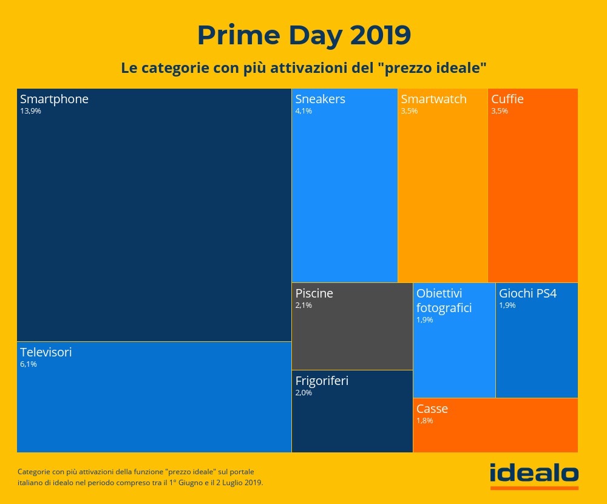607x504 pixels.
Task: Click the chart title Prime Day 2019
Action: [x=303, y=35]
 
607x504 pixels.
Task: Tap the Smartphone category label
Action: [x=54, y=99]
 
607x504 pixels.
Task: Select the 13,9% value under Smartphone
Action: [x=30, y=111]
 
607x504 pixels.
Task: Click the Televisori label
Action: [x=46, y=352]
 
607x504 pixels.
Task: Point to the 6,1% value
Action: [x=29, y=364]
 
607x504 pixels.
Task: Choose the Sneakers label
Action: [x=320, y=99]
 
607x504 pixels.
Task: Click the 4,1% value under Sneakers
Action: [x=303, y=111]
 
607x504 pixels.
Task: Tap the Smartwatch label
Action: [x=433, y=99]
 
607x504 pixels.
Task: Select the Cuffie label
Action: [x=507, y=99]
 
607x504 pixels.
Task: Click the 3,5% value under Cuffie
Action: [x=500, y=111]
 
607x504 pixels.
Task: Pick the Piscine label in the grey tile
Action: [x=314, y=293]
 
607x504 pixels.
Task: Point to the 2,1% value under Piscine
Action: [x=303, y=305]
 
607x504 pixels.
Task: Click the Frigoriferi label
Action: [x=322, y=381]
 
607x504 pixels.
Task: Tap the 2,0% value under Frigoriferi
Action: [x=303, y=393]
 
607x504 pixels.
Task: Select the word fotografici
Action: [x=444, y=308]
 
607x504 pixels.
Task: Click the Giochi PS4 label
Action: [x=527, y=293]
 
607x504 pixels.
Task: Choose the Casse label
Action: [x=432, y=409]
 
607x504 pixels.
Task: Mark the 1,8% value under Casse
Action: [x=425, y=420]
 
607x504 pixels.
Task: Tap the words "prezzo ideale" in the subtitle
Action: [x=436, y=67]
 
